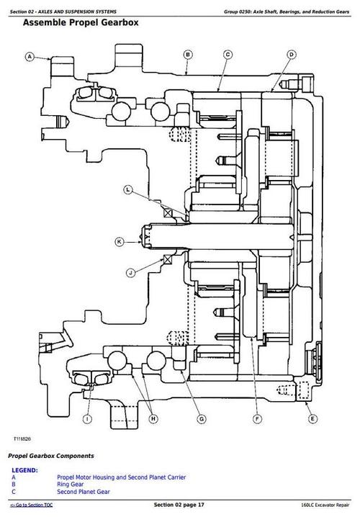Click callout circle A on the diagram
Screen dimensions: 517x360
[30, 56]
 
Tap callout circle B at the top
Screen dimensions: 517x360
[187, 54]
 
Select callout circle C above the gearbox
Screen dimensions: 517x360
[228, 54]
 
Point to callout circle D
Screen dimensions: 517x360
[292, 54]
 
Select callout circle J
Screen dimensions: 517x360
[131, 272]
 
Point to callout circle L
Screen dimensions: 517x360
[127, 190]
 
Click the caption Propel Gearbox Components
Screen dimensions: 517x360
[50, 456]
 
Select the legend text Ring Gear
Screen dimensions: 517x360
[71, 484]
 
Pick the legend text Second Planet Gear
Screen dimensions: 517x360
[83, 491]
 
